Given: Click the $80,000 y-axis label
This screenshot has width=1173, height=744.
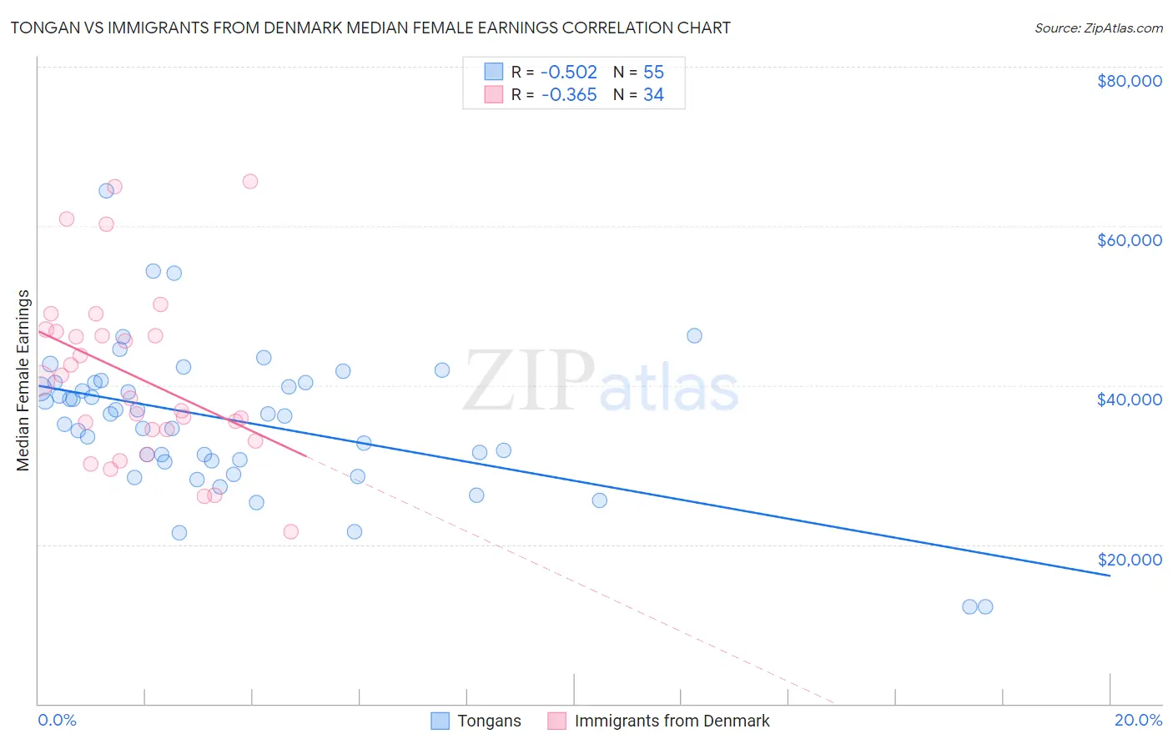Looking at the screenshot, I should (x=1129, y=81).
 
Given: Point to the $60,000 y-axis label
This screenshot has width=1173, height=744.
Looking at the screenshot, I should (x=1129, y=240).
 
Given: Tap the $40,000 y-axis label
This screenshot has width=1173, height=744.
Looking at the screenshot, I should (x=1129, y=400).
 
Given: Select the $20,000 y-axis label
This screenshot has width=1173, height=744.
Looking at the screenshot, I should (x=1129, y=559).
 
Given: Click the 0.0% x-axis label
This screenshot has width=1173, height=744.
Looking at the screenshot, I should (x=57, y=720).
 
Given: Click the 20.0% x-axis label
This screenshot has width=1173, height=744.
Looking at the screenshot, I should (x=1138, y=720).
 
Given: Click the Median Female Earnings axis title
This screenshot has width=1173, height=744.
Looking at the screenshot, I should (x=23, y=380).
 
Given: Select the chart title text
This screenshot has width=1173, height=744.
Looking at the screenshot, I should (x=370, y=28).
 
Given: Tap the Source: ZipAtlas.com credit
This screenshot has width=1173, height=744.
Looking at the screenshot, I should (x=1098, y=28).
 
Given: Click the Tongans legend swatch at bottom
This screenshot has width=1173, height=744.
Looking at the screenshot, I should (x=440, y=721).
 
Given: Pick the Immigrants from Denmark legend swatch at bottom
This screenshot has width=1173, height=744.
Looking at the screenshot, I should (x=556, y=721).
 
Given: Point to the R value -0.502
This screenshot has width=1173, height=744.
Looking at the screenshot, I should (x=569, y=73).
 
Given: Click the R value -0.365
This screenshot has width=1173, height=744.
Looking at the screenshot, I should (x=569, y=95).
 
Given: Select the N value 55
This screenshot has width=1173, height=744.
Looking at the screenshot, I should (x=653, y=73).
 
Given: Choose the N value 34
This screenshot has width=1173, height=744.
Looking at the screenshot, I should (x=653, y=95).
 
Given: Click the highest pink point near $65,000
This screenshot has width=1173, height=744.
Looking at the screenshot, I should (x=249, y=181).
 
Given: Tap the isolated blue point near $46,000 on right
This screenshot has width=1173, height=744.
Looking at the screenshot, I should (x=694, y=335).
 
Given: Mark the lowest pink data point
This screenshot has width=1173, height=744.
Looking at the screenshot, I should (x=290, y=531).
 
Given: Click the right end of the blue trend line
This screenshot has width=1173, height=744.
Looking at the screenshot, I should (x=1110, y=576).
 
